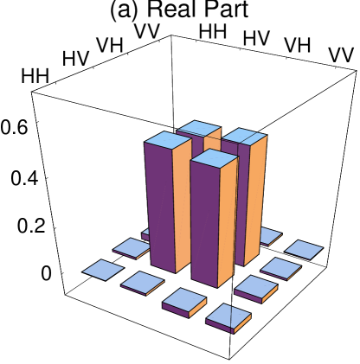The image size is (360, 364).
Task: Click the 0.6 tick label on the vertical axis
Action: pyautogui.click(x=21, y=125)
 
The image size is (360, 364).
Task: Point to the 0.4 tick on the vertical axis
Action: pyautogui.click(x=29, y=180)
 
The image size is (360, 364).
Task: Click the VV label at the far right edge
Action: pyautogui.click(x=342, y=54)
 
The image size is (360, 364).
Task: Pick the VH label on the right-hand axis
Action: pyautogui.click(x=290, y=42)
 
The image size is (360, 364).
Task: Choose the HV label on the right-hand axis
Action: pyautogui.click(x=248, y=35)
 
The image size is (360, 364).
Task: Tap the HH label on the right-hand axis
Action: pyautogui.click(x=198, y=28)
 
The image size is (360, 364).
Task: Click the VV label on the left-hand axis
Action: pyautogui.click(x=152, y=28)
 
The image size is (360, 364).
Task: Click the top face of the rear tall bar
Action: pyautogui.click(x=199, y=128)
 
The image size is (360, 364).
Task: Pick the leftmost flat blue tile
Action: pyautogui.click(x=103, y=270)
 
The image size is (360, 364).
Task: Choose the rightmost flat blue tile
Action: pyautogui.click(x=304, y=249)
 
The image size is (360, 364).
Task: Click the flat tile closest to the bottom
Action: pyautogui.click(x=228, y=316)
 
